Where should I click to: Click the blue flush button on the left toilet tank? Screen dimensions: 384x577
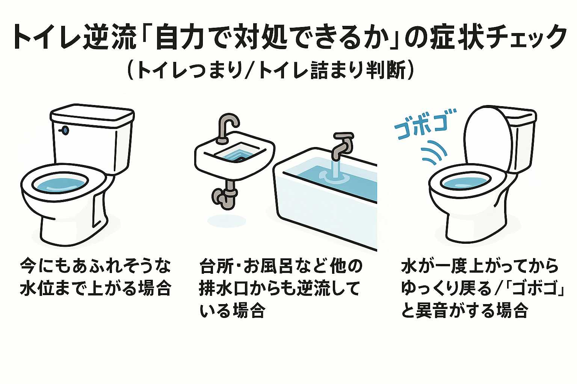[x=65, y=130]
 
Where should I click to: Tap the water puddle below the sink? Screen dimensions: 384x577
[x=227, y=221]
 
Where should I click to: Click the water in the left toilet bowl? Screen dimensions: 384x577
[x=60, y=184]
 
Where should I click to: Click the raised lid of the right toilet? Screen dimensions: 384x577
[x=487, y=137]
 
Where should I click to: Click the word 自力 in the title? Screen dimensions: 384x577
[x=182, y=38]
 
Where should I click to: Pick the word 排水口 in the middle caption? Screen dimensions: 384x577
[x=222, y=289]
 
